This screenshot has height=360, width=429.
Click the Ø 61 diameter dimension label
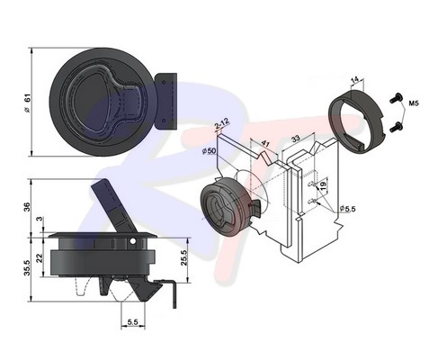point(27,103)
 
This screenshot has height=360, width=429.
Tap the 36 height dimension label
point(27,207)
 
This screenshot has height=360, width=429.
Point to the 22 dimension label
point(40,258)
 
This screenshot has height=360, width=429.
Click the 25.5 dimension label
point(183,258)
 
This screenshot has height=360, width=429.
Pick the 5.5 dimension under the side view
point(132,322)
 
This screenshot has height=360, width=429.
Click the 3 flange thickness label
point(40,220)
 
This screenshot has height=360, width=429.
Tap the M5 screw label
point(414,103)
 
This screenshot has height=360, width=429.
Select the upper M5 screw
point(395,98)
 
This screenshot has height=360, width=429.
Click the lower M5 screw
point(395,128)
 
